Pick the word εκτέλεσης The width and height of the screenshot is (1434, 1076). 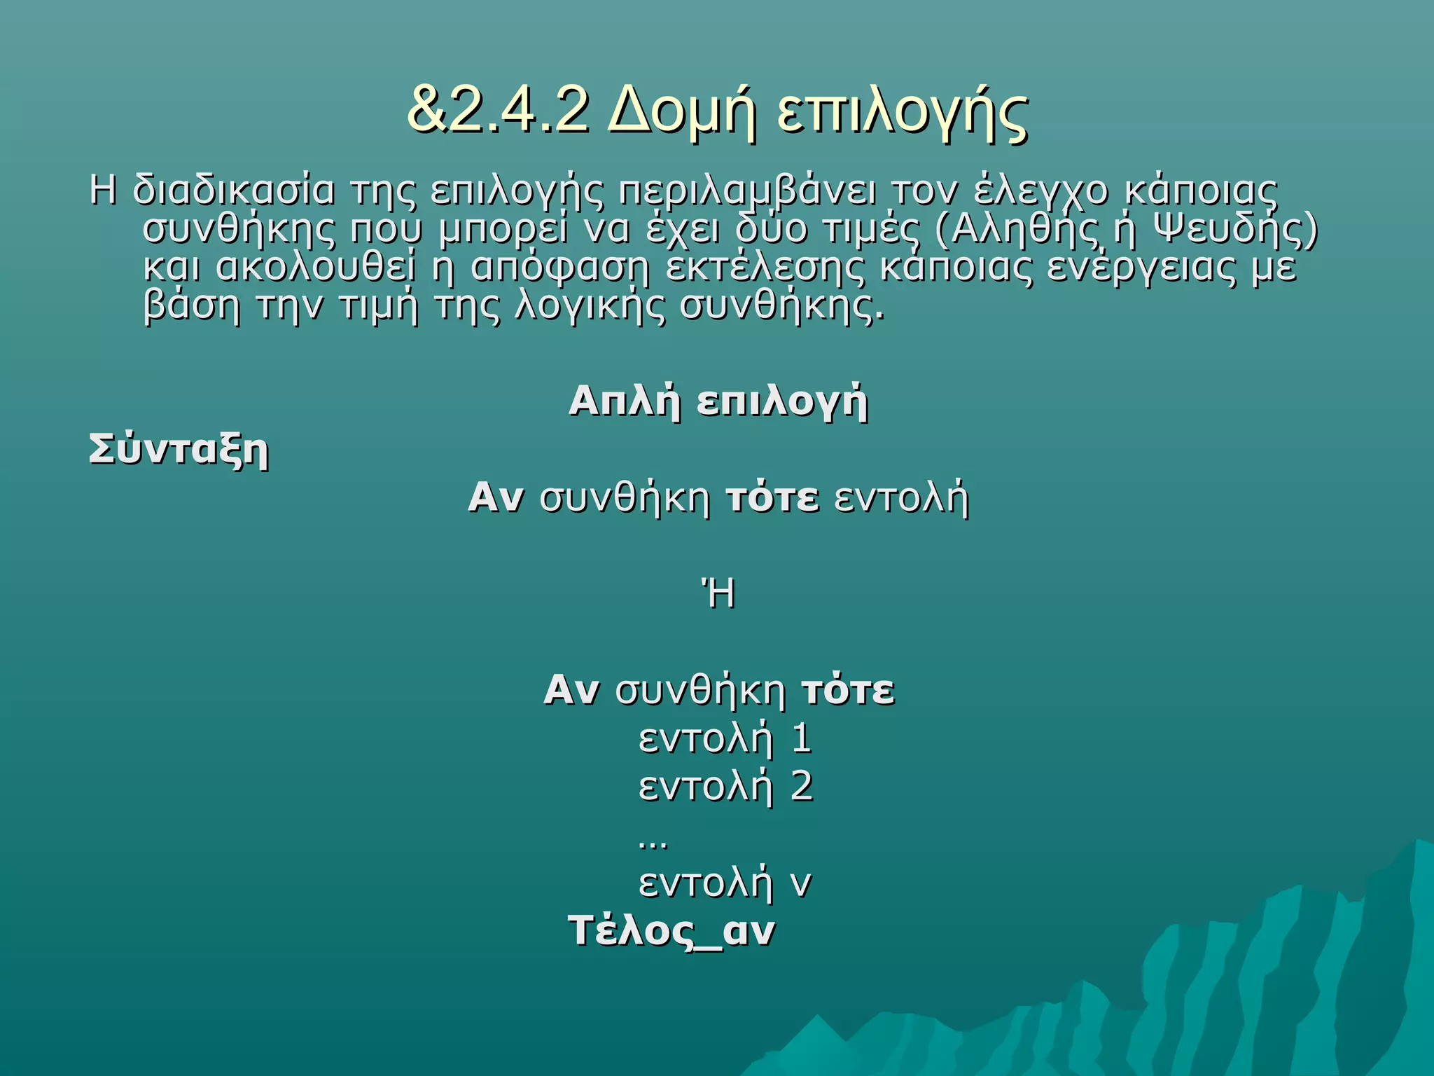coord(765,268)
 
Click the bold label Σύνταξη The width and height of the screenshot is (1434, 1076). coord(179,450)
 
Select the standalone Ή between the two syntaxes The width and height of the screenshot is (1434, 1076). coord(718,595)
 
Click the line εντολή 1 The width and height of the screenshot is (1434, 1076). coord(725,739)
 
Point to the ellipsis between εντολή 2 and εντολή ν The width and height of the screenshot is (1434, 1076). coord(653,843)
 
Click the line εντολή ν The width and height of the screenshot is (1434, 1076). coord(725,883)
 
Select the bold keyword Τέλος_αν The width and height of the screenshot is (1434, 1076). coord(671,932)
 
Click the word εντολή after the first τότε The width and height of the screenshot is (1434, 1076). coord(902,499)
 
